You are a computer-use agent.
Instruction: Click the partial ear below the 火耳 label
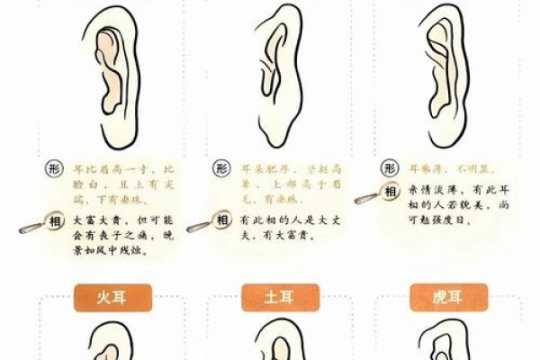pyautogui.click(x=103, y=342)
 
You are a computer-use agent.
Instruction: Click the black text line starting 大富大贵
pyautogui.click(x=117, y=219)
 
